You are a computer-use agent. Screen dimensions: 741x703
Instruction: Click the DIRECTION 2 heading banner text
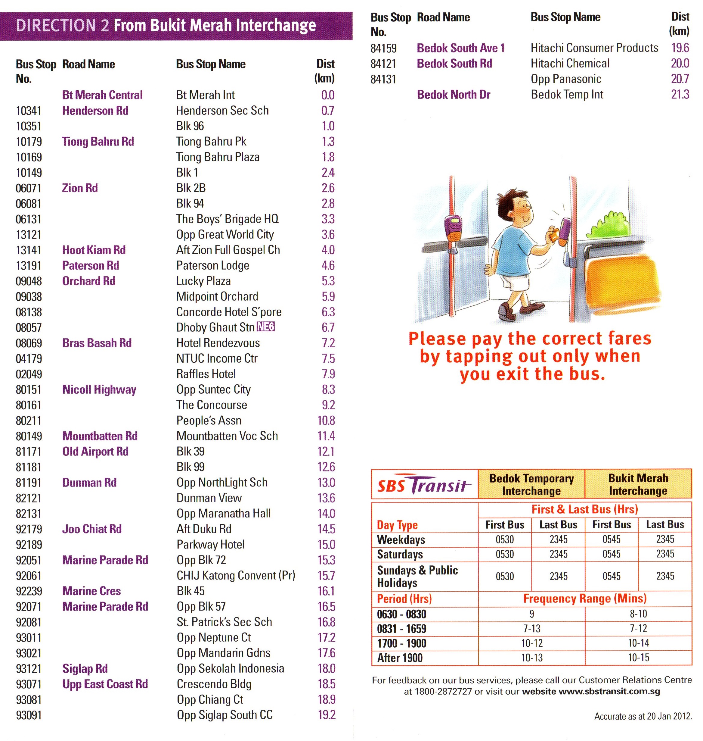coord(166,26)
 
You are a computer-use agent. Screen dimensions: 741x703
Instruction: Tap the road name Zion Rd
coord(80,188)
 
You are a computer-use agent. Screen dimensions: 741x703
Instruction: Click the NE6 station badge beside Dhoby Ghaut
coord(266,327)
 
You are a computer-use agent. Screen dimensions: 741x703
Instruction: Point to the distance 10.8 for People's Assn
coord(326,421)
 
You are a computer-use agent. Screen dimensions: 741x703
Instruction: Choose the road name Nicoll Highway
coord(99,389)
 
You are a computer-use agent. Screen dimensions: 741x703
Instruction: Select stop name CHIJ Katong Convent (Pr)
coord(236,576)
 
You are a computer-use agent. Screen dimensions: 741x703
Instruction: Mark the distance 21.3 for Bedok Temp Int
coord(680,95)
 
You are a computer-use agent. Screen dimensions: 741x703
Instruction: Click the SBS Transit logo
coord(424,484)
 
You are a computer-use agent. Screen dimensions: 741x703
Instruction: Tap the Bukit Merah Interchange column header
coord(638,484)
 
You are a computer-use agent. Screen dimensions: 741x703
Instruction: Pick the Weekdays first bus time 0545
coord(611,539)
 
